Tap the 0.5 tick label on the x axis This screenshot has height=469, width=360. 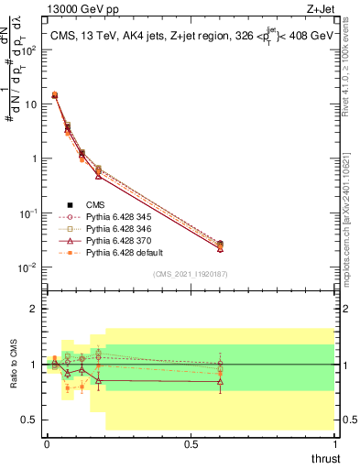tap(191, 442)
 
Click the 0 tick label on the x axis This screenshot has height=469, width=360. tap(47, 442)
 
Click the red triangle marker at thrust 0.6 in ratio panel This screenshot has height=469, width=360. tap(220, 382)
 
